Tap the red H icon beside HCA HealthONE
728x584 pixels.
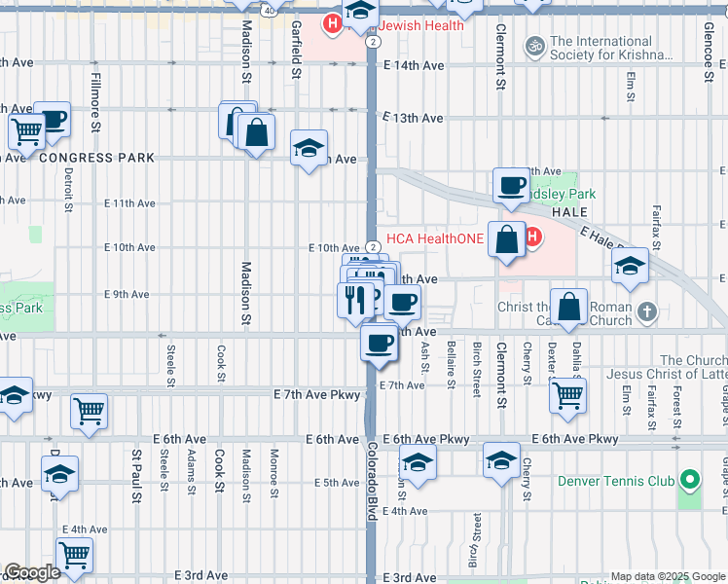[532, 237]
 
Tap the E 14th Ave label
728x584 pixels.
[414, 66]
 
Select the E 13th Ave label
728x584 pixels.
[414, 118]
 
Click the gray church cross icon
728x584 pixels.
[648, 312]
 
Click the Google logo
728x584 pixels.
[32, 572]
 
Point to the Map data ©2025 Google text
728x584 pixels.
[668, 576]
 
